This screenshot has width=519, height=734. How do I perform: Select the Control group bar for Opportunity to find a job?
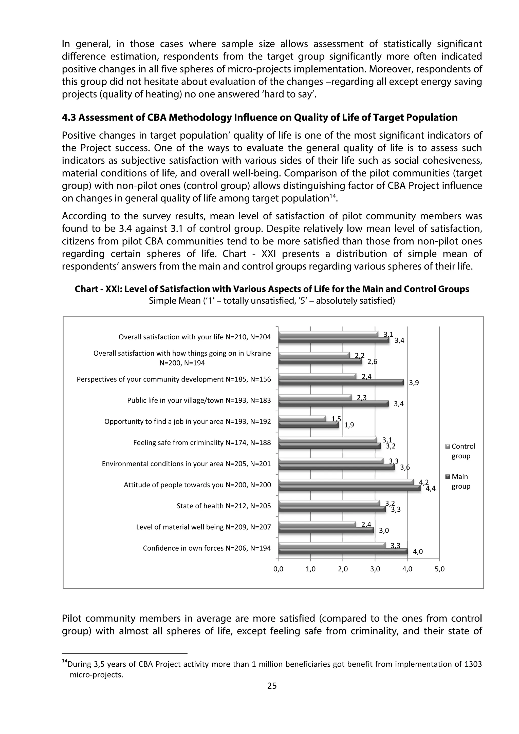pos(302,419)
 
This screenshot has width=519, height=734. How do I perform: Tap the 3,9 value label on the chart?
pos(414,383)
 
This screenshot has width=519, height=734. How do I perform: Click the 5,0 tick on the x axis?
pos(440,569)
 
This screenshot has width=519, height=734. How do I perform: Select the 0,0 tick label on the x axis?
pos(278,569)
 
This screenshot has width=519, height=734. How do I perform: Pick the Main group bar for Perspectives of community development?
pos(341,383)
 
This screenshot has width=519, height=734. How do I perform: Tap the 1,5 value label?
pos(336,419)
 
